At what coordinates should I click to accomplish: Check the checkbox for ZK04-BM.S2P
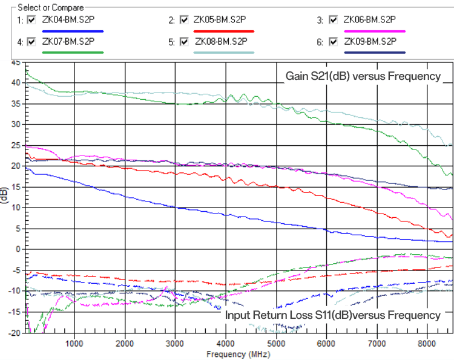[31, 20]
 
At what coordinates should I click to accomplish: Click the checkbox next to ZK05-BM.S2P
[184, 20]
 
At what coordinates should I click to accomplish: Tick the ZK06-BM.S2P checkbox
[332, 20]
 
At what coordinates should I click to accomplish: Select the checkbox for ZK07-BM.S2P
[31, 42]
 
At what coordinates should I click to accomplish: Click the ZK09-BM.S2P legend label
[370, 42]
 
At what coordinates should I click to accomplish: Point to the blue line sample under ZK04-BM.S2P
[73, 31]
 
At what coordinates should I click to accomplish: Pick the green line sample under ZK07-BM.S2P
[73, 53]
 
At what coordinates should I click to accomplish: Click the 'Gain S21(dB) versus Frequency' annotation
[363, 76]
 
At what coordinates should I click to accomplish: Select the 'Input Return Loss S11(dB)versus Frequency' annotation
[332, 315]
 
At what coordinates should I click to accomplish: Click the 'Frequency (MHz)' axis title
[237, 353]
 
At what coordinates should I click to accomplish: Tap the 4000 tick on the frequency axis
[225, 343]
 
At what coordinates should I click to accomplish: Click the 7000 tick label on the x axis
[377, 343]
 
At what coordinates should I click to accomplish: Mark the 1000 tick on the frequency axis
[74, 343]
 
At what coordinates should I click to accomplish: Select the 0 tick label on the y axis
[19, 249]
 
